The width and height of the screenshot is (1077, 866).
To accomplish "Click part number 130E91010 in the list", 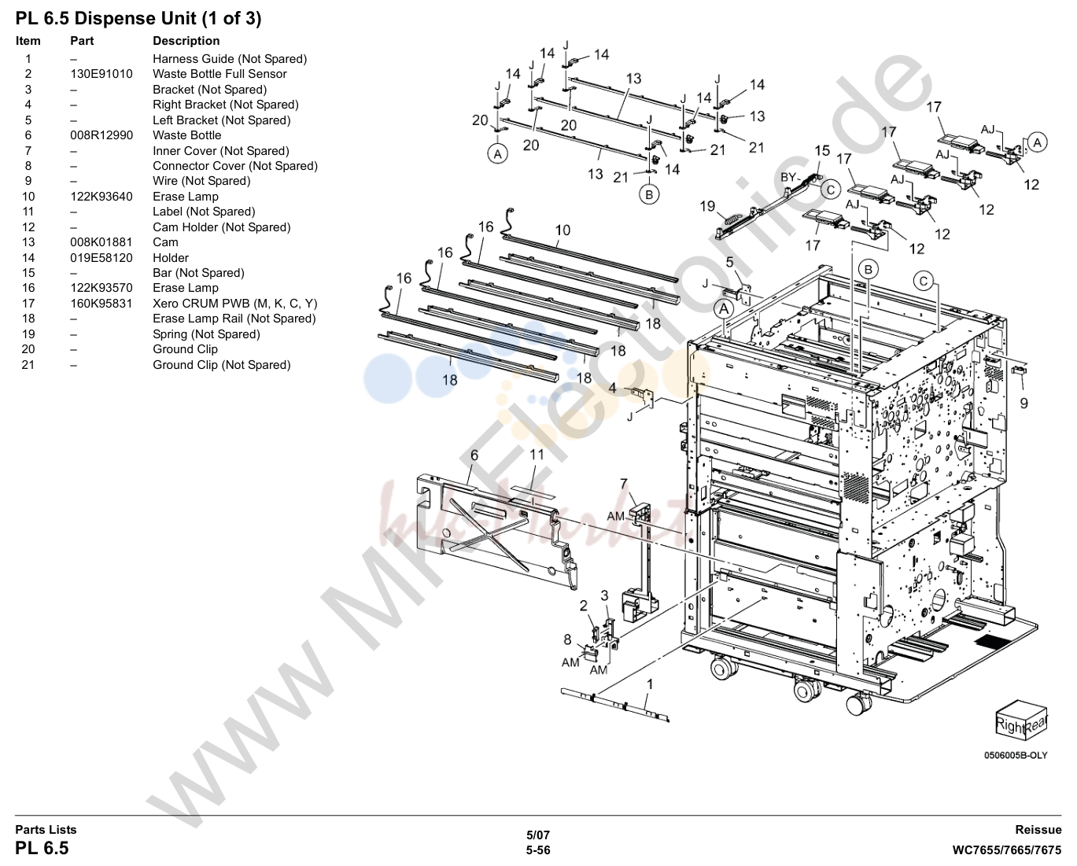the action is (x=101, y=74).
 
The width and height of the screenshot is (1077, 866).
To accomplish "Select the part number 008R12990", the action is (x=101, y=135).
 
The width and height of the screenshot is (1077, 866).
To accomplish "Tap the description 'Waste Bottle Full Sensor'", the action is (x=219, y=74).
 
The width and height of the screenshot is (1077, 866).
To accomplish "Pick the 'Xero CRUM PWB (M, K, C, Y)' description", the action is (x=234, y=303).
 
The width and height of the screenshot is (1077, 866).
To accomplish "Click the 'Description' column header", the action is (x=186, y=41).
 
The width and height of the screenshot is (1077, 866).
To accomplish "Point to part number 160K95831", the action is (x=101, y=303).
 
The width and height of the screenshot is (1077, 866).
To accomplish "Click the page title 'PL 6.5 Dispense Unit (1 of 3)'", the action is (x=138, y=19).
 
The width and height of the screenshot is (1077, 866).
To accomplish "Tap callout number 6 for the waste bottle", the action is (x=474, y=455).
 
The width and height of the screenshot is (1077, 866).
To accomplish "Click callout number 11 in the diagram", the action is (x=537, y=455).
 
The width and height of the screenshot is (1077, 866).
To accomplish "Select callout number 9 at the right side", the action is (x=1024, y=403).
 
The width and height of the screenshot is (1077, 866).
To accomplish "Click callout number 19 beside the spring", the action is (x=707, y=206).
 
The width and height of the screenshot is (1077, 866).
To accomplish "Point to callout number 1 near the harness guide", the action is (x=650, y=684).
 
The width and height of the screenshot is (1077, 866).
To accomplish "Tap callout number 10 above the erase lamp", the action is (x=562, y=230).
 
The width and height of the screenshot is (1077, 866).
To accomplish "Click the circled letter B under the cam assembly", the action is (x=649, y=194).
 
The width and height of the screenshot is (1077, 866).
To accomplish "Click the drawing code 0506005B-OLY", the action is (x=1016, y=755).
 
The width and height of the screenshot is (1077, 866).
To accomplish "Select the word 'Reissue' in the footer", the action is (x=1038, y=830).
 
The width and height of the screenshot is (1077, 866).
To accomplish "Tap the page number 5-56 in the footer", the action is (x=538, y=850).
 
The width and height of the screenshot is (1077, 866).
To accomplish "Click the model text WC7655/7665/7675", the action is (x=1006, y=850).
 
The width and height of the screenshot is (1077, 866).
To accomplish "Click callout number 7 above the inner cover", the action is (x=624, y=484).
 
